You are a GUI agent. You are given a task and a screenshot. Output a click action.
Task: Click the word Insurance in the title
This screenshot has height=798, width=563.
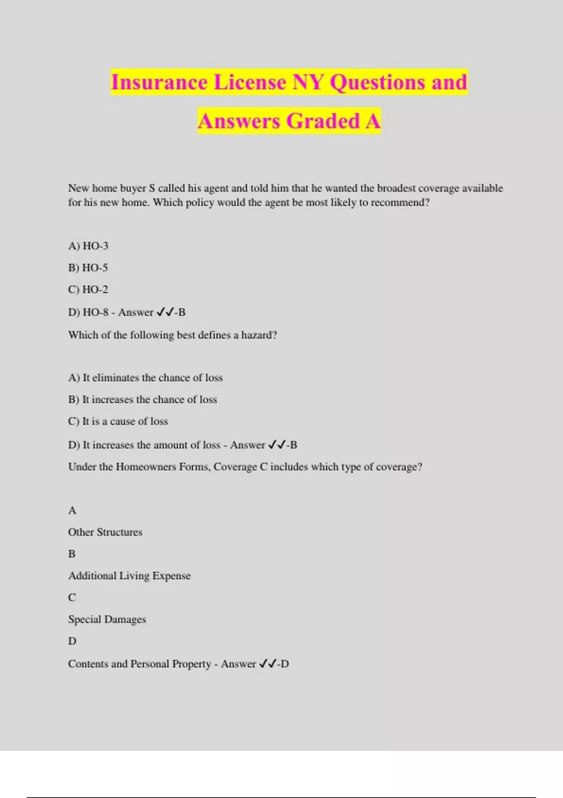tap(159, 82)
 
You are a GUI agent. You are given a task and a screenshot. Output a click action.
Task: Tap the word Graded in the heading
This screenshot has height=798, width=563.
tap(323, 121)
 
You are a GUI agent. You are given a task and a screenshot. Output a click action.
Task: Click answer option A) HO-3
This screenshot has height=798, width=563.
tap(88, 246)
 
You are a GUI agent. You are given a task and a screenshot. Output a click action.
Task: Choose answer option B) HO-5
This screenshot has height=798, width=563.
tap(88, 268)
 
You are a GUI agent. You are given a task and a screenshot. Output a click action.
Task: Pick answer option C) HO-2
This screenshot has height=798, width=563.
tap(88, 289)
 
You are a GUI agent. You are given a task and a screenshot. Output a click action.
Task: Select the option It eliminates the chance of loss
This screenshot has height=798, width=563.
tap(145, 377)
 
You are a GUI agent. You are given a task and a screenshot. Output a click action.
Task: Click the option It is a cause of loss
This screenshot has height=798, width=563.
tap(118, 421)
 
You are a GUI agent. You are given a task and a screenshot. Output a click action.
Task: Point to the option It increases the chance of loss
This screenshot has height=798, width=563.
tap(143, 399)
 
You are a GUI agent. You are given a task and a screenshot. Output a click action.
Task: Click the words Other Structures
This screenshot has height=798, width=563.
tap(105, 532)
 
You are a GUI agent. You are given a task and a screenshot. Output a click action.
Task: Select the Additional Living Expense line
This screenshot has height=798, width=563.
tap(129, 575)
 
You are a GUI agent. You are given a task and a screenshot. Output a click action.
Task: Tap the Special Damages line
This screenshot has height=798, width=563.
tap(107, 619)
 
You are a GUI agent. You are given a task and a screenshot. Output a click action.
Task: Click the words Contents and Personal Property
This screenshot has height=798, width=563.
tap(139, 664)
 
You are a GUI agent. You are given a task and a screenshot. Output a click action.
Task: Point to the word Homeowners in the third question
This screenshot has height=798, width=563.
tap(145, 467)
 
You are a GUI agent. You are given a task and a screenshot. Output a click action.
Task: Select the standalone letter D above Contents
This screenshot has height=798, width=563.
tap(72, 641)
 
